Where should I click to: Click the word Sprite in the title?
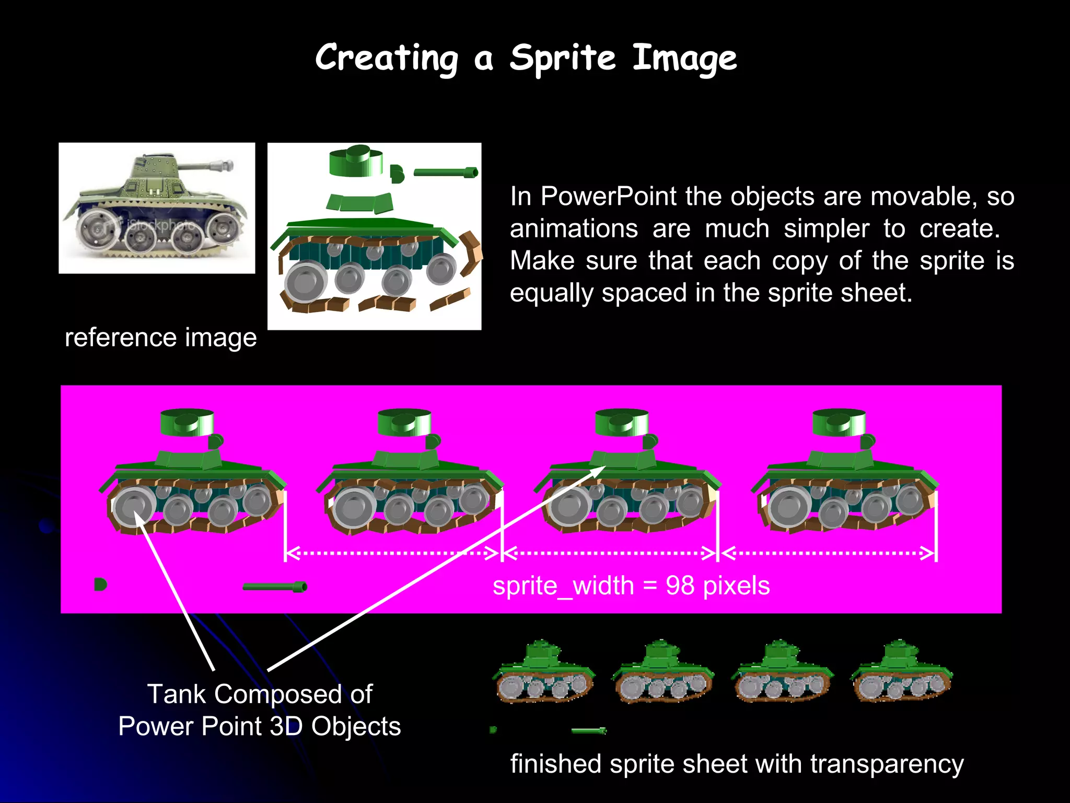click(x=562, y=59)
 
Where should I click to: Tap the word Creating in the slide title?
click(x=387, y=59)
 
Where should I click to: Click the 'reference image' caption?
click(x=160, y=338)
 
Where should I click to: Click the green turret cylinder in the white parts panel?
click(x=356, y=160)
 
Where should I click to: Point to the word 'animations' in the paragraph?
click(x=574, y=229)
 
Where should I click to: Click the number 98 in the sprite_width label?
click(x=680, y=586)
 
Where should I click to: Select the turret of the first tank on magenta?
click(x=187, y=422)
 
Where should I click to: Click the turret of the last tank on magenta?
click(x=839, y=422)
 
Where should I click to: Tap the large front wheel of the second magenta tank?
click(x=353, y=507)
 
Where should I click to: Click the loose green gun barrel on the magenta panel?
click(x=275, y=587)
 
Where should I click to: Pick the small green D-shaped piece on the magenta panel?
click(x=100, y=584)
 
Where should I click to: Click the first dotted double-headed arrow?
click(x=392, y=553)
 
